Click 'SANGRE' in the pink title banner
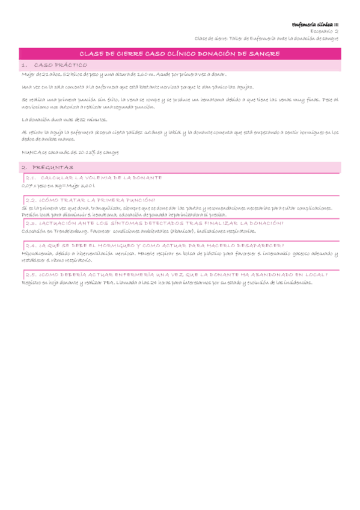265,54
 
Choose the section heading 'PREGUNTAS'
53,167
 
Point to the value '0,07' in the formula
26,186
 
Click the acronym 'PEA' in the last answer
107,282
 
